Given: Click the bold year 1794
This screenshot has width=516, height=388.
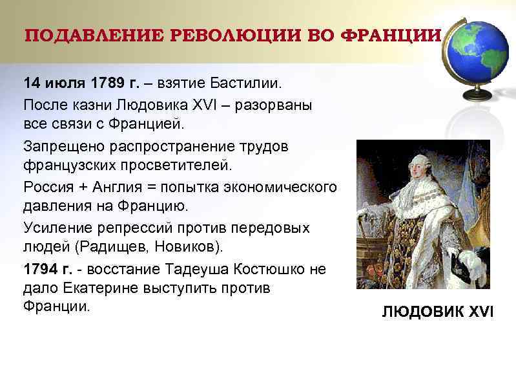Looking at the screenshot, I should click(x=39, y=268).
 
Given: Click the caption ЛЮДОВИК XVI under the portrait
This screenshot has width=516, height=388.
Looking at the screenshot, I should click(x=437, y=312).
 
